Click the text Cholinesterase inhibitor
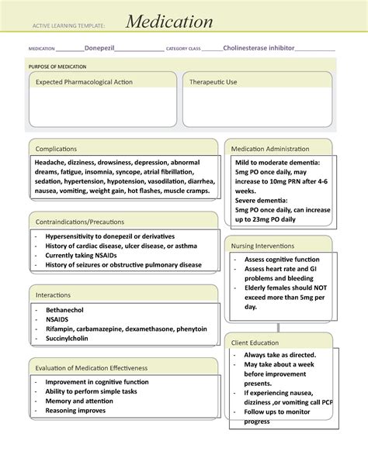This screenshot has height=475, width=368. click(x=259, y=48)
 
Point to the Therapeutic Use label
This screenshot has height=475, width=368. click(x=214, y=81)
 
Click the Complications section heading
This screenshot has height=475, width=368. click(x=55, y=147)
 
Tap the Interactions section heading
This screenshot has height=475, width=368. click(x=53, y=294)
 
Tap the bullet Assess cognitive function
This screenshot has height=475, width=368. click(x=281, y=260)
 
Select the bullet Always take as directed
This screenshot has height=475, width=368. click(x=279, y=354)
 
